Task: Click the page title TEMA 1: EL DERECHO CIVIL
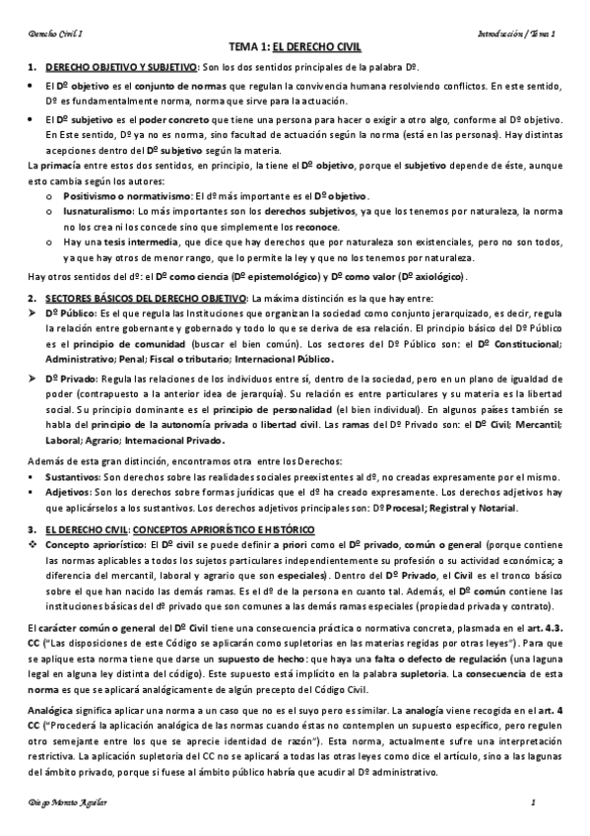(x=295, y=46)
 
